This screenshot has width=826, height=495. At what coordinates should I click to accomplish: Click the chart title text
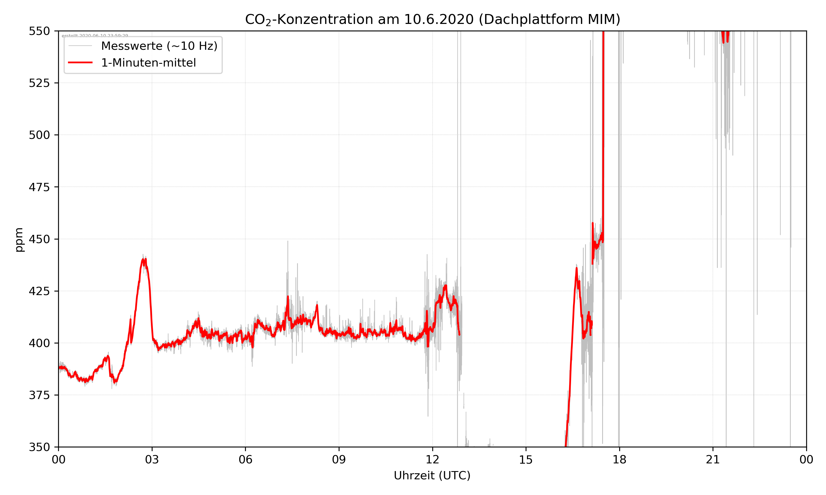tap(432, 19)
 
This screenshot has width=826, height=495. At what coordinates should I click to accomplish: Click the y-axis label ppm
tap(19, 240)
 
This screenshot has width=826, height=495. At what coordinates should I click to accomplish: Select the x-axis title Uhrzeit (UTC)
tap(432, 475)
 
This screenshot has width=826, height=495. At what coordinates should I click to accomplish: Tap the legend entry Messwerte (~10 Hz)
tap(159, 46)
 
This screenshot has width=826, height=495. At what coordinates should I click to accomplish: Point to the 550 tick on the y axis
tap(39, 31)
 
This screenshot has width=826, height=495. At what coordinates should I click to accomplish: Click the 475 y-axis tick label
tap(39, 187)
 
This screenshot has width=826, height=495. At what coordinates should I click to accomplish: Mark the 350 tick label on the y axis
tap(39, 447)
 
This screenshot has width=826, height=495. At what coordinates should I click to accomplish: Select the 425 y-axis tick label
tap(39, 291)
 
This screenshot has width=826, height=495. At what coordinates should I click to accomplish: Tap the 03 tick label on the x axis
tap(152, 460)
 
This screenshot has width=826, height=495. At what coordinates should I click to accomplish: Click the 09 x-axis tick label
tap(339, 460)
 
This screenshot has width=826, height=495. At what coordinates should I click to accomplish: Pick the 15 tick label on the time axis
tap(526, 460)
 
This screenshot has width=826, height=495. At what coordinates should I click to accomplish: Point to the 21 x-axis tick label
tap(713, 460)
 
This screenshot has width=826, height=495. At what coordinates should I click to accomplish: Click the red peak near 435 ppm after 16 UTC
tap(576, 268)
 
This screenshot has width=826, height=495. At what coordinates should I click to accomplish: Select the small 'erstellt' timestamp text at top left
tap(95, 35)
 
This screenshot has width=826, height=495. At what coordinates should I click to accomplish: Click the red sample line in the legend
tap(80, 63)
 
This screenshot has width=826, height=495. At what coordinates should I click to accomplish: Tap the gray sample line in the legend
tap(80, 46)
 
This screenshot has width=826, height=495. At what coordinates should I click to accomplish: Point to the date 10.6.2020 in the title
tap(439, 19)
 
